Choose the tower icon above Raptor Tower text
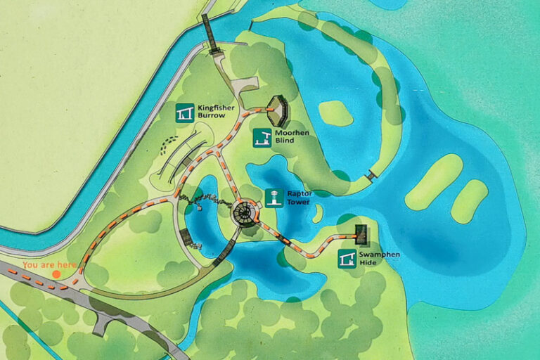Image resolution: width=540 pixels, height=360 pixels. click(x=273, y=198)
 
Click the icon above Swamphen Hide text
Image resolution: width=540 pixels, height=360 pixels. click(x=347, y=259)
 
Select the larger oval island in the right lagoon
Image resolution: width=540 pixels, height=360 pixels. click(x=434, y=181)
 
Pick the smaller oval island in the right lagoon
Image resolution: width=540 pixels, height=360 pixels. click(x=469, y=200)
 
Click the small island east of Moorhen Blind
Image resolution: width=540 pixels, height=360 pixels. click(x=335, y=112)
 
